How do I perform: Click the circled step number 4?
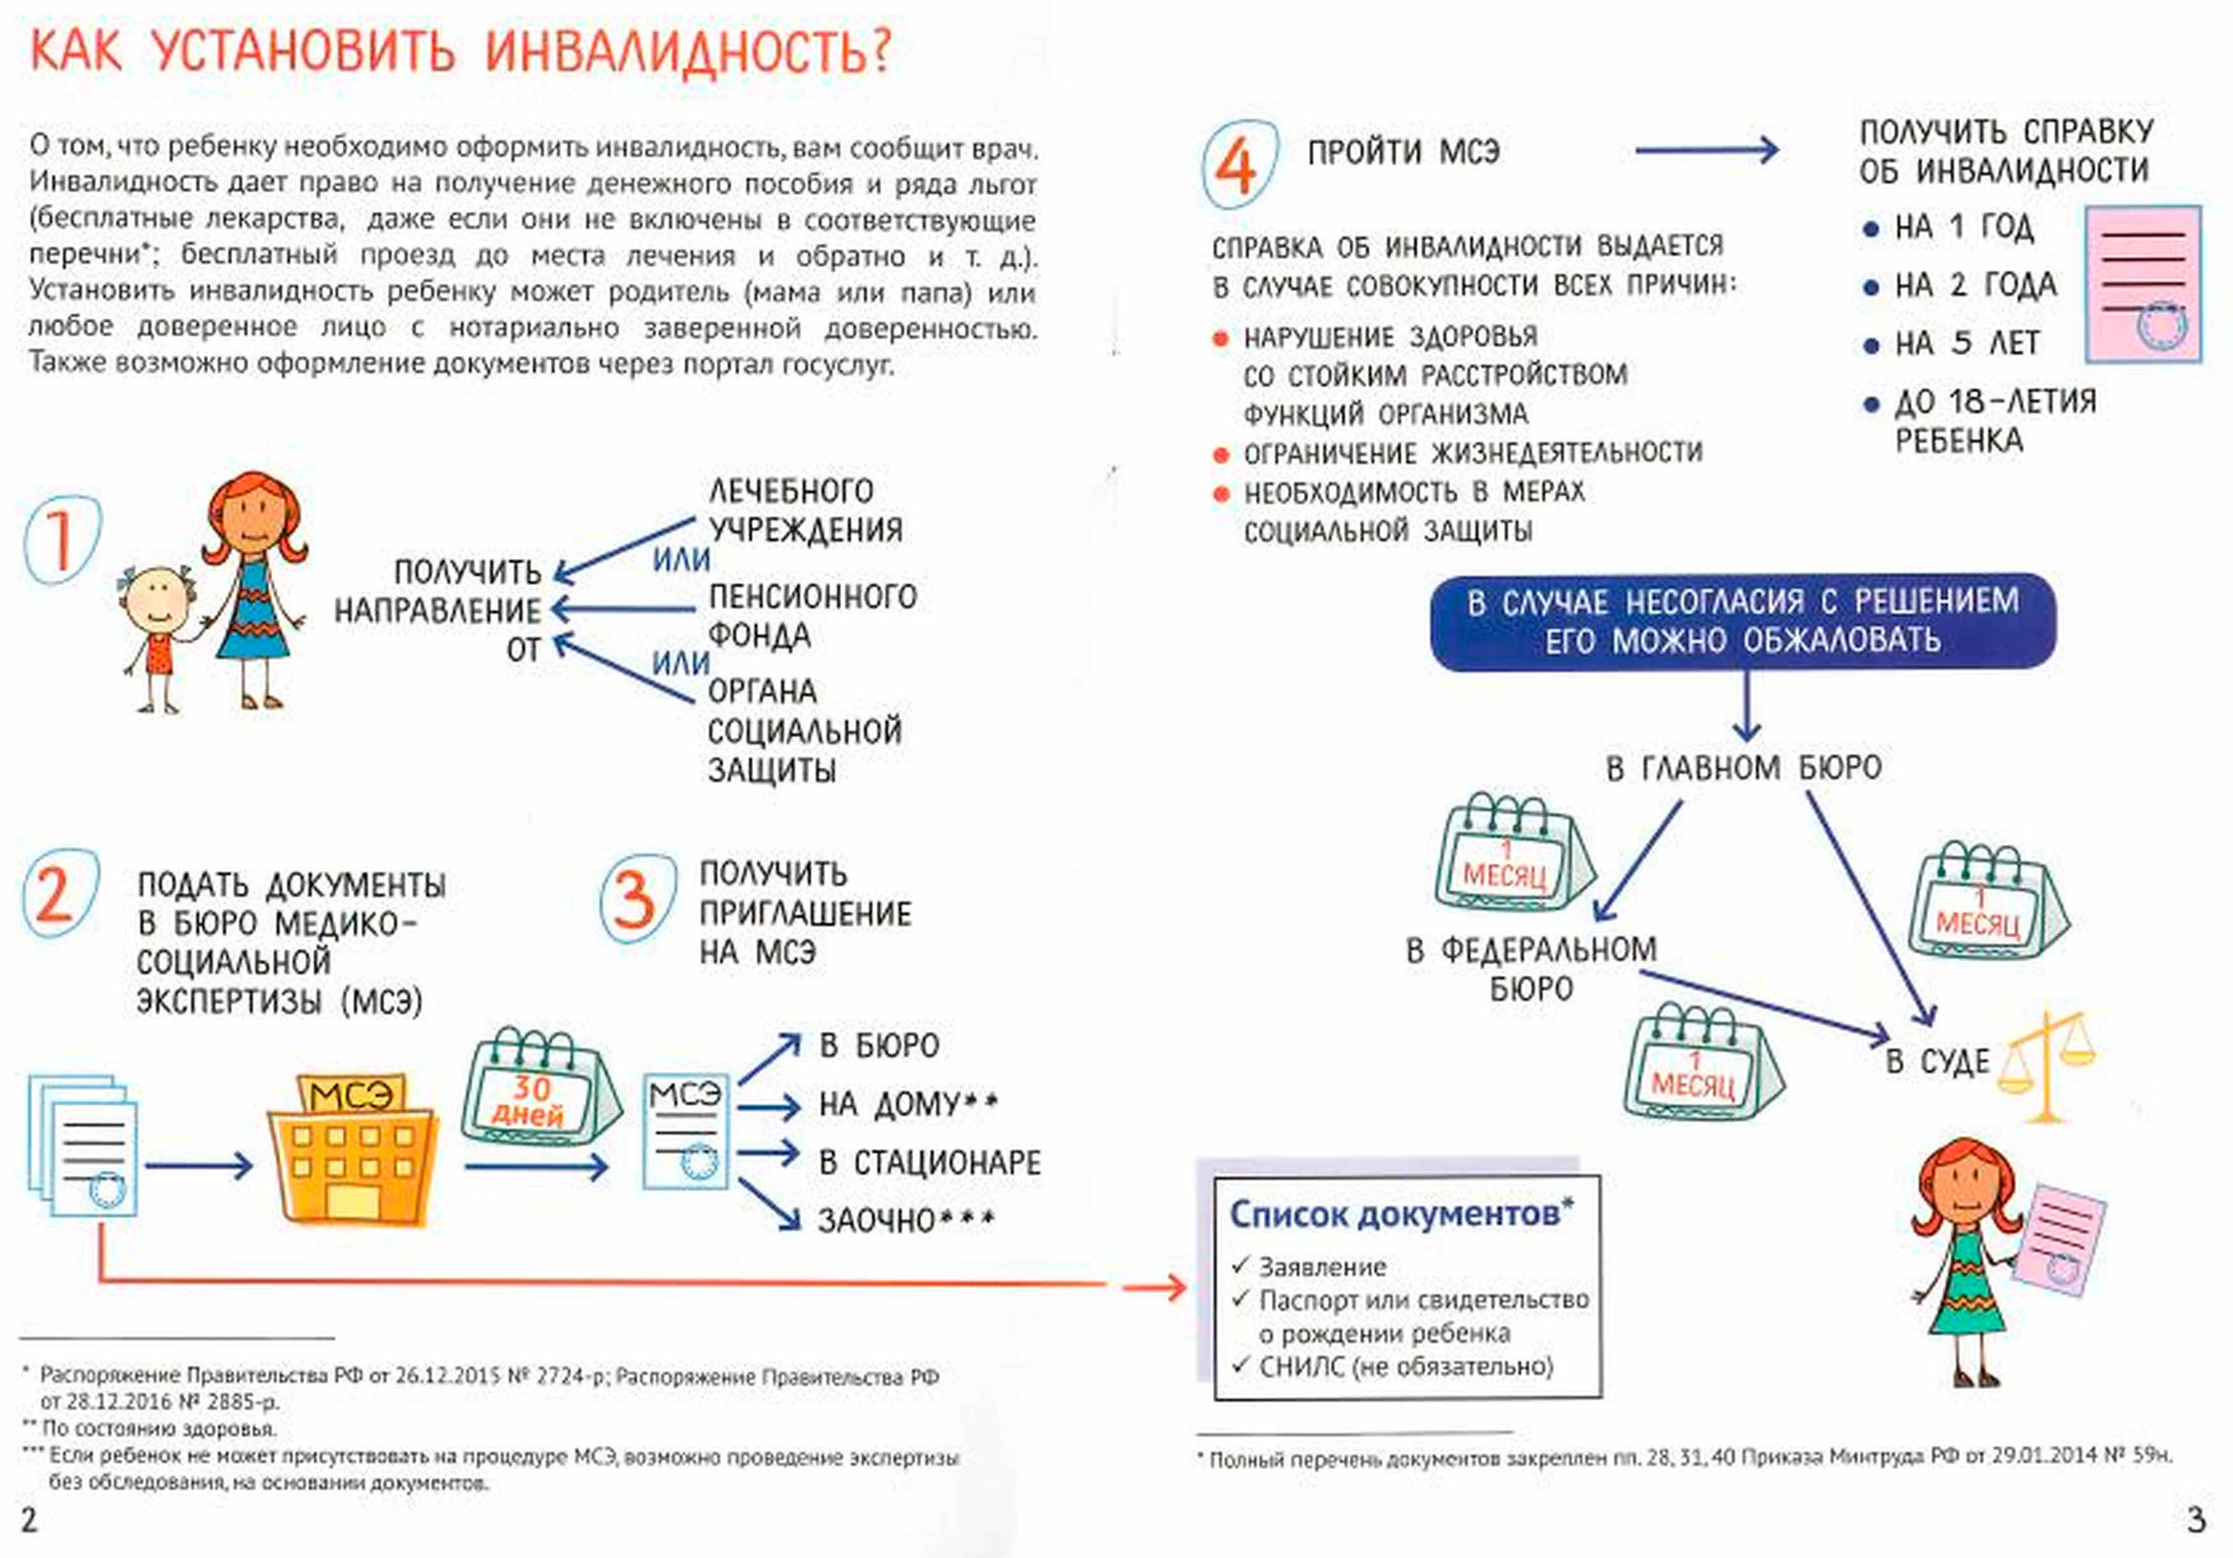(x=1238, y=163)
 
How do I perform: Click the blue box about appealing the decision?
(x=1743, y=621)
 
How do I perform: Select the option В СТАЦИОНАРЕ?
(x=930, y=1162)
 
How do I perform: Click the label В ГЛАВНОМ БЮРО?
(x=1743, y=768)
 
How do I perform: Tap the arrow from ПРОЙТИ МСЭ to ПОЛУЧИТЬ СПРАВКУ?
(x=1707, y=150)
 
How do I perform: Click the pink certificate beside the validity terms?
(x=2142, y=284)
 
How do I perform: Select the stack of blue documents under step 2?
(x=83, y=1146)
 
